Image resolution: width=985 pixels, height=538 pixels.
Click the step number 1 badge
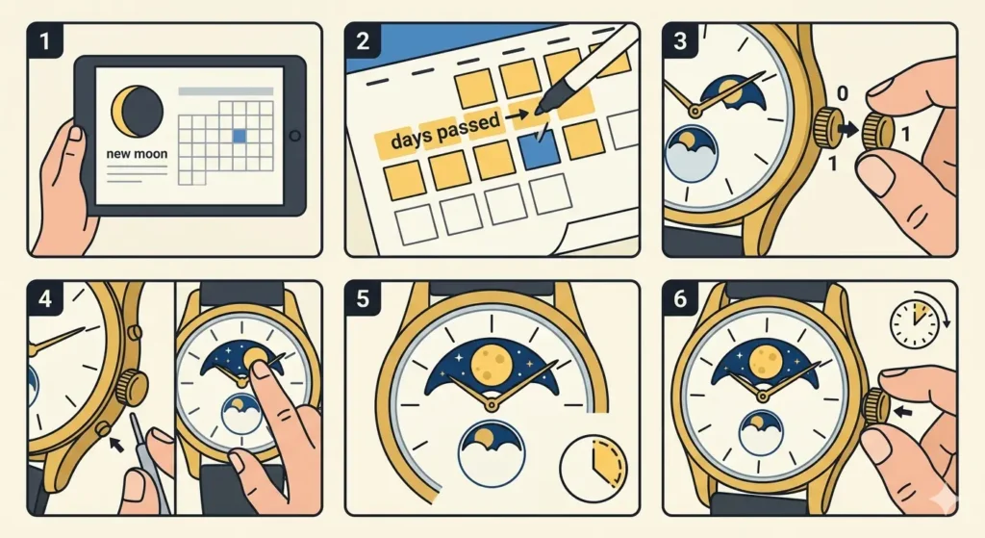[x=41, y=41]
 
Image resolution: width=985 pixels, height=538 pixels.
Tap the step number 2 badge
[x=363, y=41]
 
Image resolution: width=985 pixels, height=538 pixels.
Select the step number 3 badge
[x=680, y=41]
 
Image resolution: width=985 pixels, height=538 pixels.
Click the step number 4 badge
[x=41, y=298]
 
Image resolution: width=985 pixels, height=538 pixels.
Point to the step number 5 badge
[x=363, y=298]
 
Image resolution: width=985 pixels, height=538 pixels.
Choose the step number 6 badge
[x=680, y=298]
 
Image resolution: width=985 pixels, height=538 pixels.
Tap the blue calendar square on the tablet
[x=240, y=137]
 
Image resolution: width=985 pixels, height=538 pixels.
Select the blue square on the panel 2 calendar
[x=539, y=150]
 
